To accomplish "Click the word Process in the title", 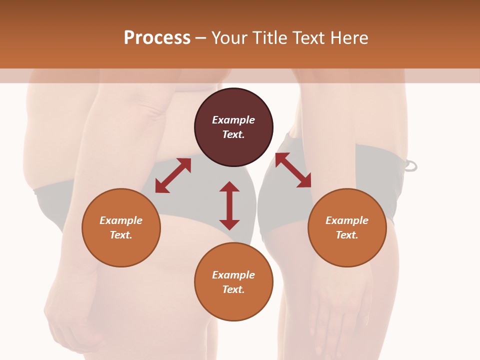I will [x=157, y=38].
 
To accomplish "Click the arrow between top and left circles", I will [x=173, y=175].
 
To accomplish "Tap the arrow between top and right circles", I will [x=293, y=170].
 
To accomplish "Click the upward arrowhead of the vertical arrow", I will [x=229, y=186].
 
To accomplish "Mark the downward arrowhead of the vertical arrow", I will [x=229, y=224].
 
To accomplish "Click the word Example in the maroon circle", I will [x=233, y=120].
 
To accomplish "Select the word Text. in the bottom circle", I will [x=233, y=289].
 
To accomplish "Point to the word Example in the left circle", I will [x=121, y=220].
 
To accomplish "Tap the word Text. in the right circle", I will [x=347, y=235].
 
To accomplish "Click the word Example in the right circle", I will [x=347, y=220].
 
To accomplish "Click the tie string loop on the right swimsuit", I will [x=410, y=166].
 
